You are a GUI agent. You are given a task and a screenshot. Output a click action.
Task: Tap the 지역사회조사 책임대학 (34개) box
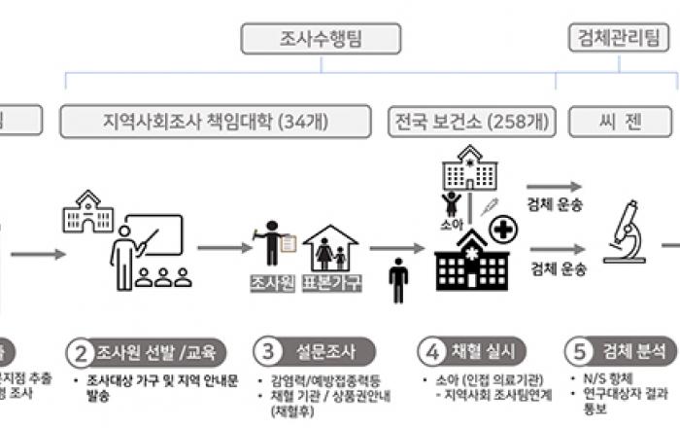click(215, 123)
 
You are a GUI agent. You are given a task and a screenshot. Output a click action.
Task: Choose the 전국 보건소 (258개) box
click(468, 123)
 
